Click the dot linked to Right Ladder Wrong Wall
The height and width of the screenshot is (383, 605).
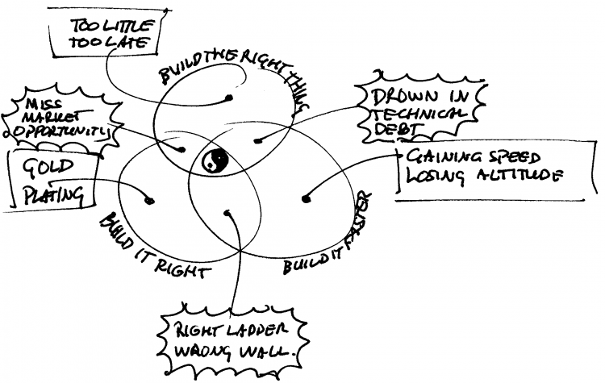pyautogui.click(x=229, y=214)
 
